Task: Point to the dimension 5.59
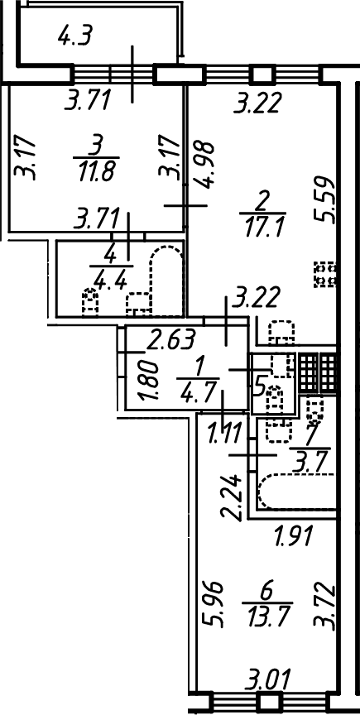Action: [x=327, y=199]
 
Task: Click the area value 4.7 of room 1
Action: [x=198, y=391]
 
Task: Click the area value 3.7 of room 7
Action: [x=313, y=466]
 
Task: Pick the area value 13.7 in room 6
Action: [x=270, y=607]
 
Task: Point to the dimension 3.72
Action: [x=327, y=605]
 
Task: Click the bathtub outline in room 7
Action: [x=296, y=492]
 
